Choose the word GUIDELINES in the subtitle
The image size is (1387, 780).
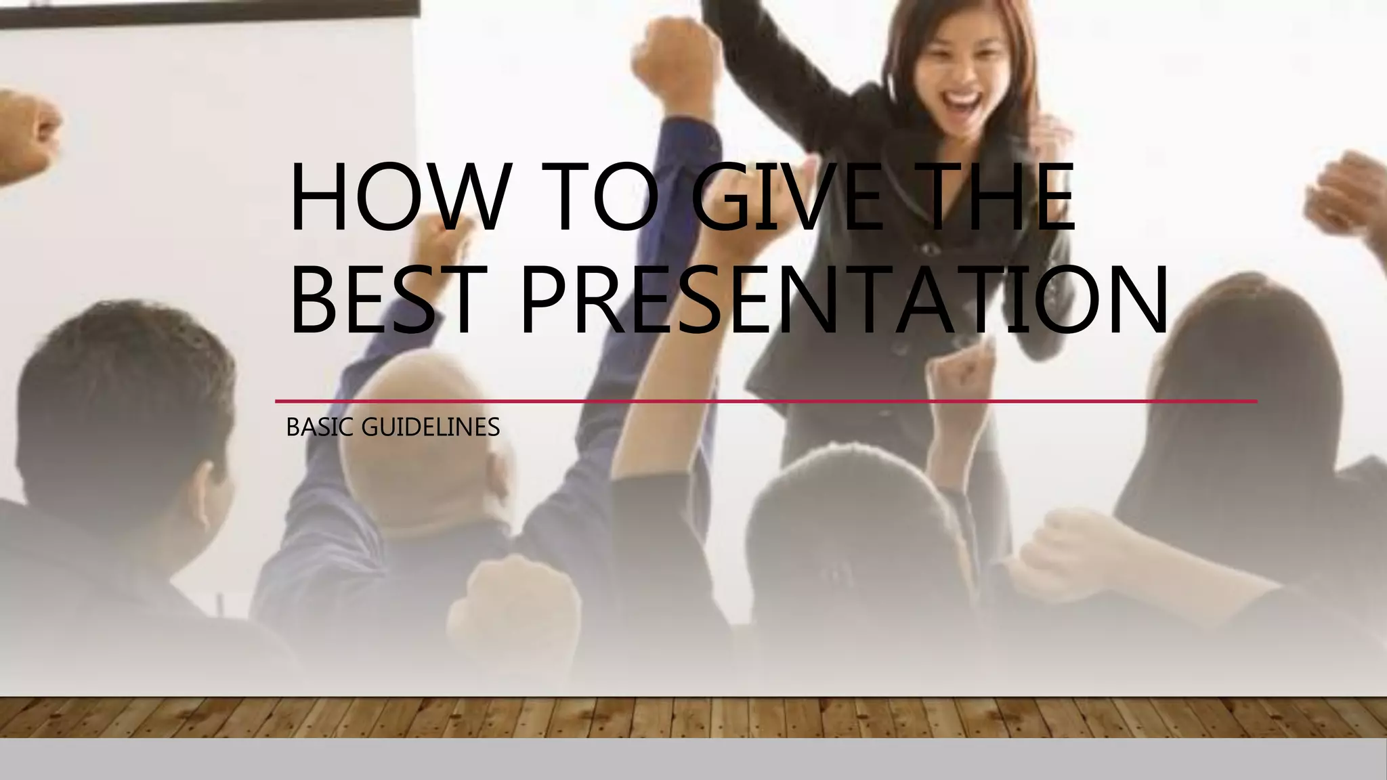(431, 428)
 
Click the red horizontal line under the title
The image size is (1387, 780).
(765, 402)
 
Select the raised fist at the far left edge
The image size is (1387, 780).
(30, 135)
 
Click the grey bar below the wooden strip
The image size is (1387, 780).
(693, 760)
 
